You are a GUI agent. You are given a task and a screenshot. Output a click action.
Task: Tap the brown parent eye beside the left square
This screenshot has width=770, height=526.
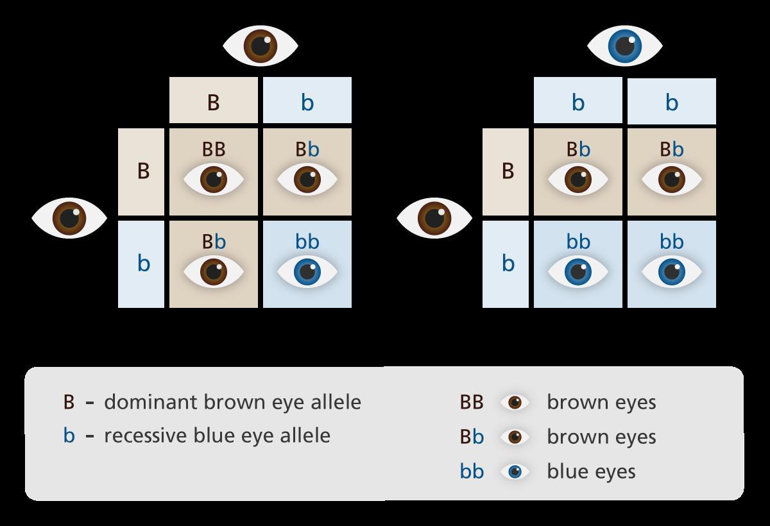click(x=69, y=218)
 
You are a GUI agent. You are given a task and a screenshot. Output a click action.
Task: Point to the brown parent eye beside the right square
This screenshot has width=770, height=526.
click(x=434, y=218)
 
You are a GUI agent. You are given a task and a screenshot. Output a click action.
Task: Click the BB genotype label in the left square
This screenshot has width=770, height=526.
click(x=214, y=149)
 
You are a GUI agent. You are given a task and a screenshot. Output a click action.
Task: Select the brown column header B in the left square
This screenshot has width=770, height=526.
click(x=214, y=102)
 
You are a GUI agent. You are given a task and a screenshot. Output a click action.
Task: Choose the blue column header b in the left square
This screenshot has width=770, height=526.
click(x=307, y=102)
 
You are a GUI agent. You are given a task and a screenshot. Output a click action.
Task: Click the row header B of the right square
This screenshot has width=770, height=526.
click(x=508, y=172)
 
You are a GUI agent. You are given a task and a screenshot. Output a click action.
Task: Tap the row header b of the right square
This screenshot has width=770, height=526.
click(x=508, y=264)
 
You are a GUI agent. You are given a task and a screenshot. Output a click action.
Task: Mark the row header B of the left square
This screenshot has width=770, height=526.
click(x=143, y=172)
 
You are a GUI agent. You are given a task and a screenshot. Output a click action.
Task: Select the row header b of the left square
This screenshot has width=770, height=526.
click(x=143, y=264)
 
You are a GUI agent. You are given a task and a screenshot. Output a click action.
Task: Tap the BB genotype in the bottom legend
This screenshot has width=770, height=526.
click(x=472, y=402)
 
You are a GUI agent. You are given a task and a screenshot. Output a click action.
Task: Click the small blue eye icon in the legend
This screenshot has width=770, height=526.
click(x=515, y=471)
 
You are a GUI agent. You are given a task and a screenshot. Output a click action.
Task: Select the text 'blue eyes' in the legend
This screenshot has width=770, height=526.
click(x=591, y=471)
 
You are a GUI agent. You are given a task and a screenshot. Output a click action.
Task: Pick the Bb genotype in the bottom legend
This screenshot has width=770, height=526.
click(x=472, y=437)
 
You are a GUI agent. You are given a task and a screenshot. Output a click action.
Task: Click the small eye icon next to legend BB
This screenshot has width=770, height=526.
click(x=515, y=402)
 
